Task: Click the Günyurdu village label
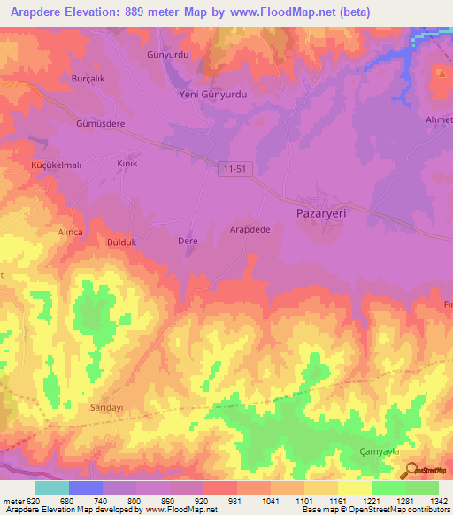coord(165,54)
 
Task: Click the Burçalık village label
coord(88,78)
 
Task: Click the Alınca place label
coord(70,231)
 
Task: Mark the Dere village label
coord(188,241)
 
